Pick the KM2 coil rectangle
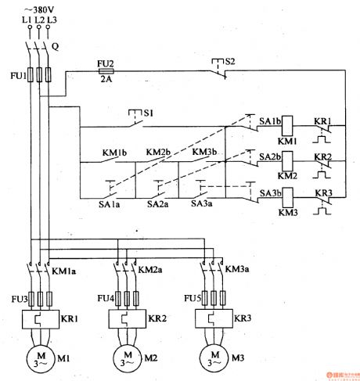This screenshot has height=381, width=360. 288,161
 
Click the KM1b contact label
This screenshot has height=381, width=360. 113,152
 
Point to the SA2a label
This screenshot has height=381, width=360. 159,203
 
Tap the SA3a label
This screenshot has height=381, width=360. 203,203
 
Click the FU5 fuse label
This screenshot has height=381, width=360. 191,297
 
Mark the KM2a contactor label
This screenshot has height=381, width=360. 149,269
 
